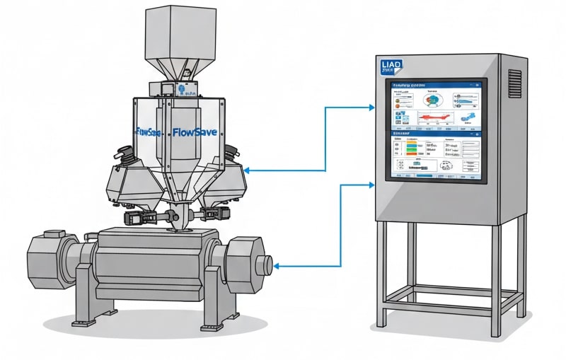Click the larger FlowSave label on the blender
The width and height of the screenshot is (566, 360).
[195, 132]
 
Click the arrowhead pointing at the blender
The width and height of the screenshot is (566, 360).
[246, 170]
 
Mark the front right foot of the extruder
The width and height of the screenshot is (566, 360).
[213, 325]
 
